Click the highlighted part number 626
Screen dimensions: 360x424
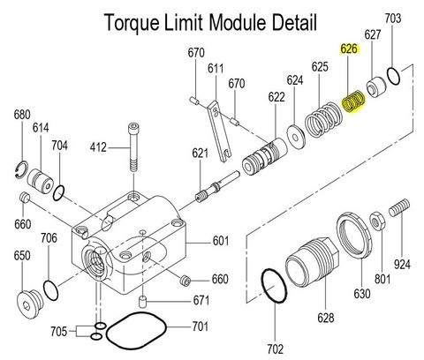pyautogui.click(x=349, y=50)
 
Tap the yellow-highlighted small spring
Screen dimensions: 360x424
pyautogui.click(x=352, y=104)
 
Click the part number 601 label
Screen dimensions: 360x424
pyautogui.click(x=220, y=240)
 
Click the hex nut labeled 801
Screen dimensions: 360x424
pyautogui.click(x=376, y=218)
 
